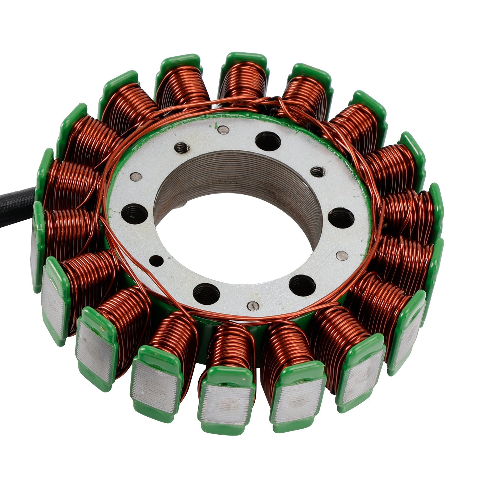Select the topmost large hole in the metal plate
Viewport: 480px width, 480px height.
(x=268, y=141)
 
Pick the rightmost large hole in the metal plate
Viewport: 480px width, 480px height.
(x=341, y=217)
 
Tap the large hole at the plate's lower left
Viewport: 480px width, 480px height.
(x=206, y=293)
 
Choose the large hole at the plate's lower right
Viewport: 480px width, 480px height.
(x=302, y=285)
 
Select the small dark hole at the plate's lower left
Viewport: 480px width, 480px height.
(x=156, y=261)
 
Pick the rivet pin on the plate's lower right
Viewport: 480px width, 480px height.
(x=342, y=255)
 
